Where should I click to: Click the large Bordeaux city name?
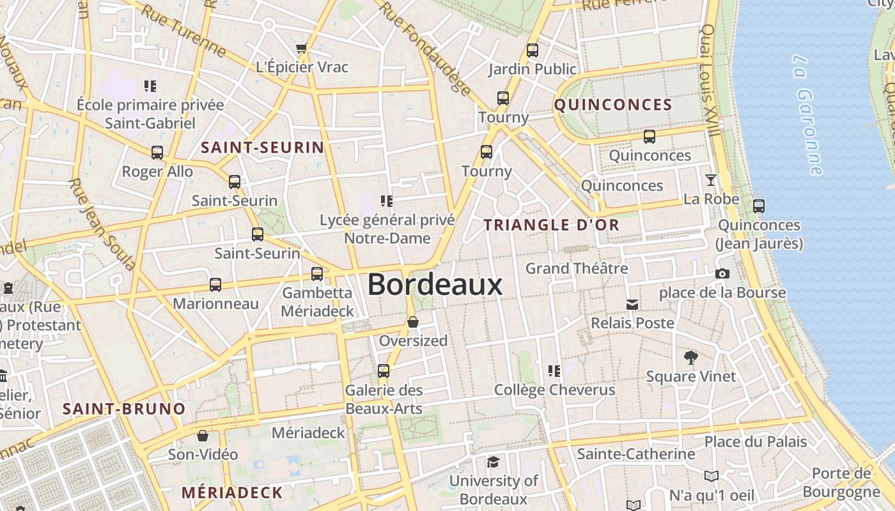coord(435,285)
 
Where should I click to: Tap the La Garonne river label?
coord(807,115)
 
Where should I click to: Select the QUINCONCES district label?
coord(613,105)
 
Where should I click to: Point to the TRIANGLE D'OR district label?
coord(552,225)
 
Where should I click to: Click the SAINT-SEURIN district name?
coord(263,148)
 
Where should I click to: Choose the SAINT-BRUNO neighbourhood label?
coord(124,409)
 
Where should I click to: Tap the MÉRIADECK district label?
coord(232,492)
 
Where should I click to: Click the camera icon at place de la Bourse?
coord(722,273)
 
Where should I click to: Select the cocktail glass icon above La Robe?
coord(710,180)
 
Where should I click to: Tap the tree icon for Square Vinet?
coord(690,357)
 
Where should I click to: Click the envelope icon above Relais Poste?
coord(632,305)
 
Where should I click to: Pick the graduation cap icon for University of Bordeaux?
coord(493,462)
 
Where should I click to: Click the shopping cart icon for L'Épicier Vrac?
coord(302,49)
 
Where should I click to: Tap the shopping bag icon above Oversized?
coord(413,322)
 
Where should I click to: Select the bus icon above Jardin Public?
coord(532,50)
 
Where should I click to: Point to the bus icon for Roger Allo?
coord(157,153)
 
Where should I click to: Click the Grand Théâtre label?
coord(577,268)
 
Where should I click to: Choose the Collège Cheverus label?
coord(555,390)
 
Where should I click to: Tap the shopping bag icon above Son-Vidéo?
coord(203,436)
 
